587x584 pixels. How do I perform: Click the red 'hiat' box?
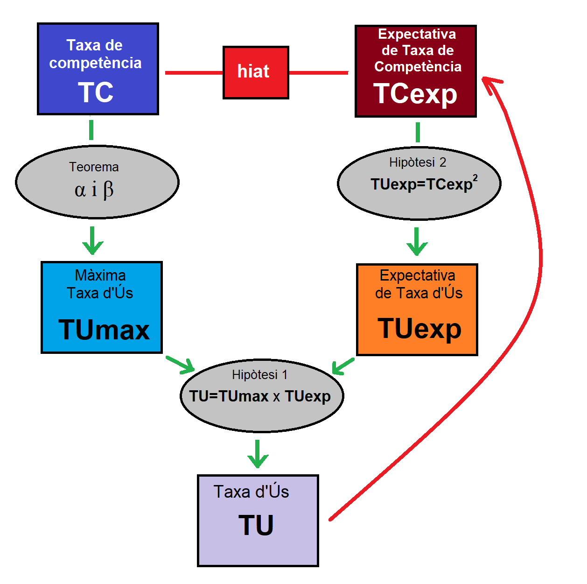pyautogui.click(x=256, y=72)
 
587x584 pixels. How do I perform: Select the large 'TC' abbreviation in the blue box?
pyautogui.click(x=96, y=92)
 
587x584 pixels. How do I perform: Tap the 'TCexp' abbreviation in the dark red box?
pyautogui.click(x=415, y=94)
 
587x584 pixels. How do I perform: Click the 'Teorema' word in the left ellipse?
pyautogui.click(x=94, y=167)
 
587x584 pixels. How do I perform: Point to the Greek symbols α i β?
pyautogui.click(x=94, y=190)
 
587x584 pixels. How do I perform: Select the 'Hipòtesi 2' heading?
pyautogui.click(x=418, y=162)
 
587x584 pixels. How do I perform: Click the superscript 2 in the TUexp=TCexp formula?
pyautogui.click(x=475, y=178)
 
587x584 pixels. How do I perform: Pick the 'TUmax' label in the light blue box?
pyautogui.click(x=104, y=330)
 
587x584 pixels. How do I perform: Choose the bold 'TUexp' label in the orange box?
pyautogui.click(x=419, y=329)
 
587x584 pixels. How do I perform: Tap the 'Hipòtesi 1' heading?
pyautogui.click(x=260, y=375)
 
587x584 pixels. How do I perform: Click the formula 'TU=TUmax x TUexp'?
pyautogui.click(x=260, y=396)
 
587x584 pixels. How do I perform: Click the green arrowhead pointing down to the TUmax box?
pyautogui.click(x=92, y=247)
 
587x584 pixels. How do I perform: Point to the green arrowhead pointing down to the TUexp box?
pyautogui.click(x=417, y=248)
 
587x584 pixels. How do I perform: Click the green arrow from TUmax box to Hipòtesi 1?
pyautogui.click(x=181, y=365)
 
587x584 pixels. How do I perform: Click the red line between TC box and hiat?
pyautogui.click(x=194, y=73)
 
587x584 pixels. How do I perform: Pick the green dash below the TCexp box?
pyautogui.click(x=418, y=132)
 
